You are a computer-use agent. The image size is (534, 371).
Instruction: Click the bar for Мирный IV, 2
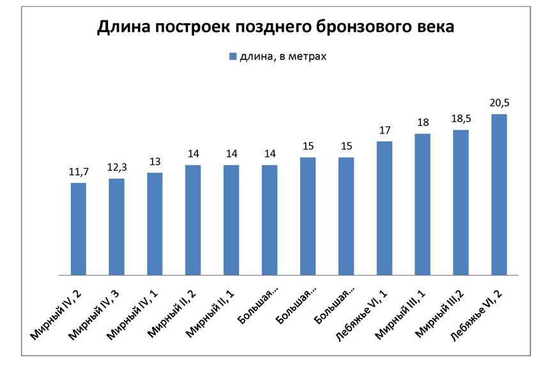click(x=79, y=229)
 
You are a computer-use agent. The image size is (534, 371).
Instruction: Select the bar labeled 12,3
click(x=116, y=227)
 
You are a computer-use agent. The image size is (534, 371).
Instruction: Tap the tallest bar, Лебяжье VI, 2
click(x=499, y=195)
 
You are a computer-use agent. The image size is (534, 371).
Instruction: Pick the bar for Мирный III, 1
click(x=422, y=204)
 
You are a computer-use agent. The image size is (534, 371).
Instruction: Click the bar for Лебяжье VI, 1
click(x=385, y=208)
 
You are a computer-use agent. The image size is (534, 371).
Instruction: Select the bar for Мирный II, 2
click(x=193, y=220)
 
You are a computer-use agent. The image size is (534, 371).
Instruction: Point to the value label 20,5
click(x=499, y=102)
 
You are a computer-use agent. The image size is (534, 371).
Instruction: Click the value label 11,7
click(x=79, y=171)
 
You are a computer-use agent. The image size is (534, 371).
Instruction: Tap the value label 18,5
click(x=461, y=118)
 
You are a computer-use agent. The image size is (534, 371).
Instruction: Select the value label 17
click(x=385, y=130)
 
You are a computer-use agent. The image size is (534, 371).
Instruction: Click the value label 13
click(x=155, y=161)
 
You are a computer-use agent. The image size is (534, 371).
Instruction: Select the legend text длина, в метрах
click(x=283, y=57)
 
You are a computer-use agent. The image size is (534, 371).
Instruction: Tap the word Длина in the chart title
click(x=119, y=27)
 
